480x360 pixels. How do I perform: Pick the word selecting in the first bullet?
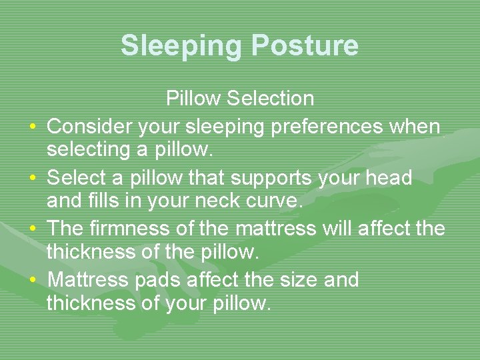(86, 150)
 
